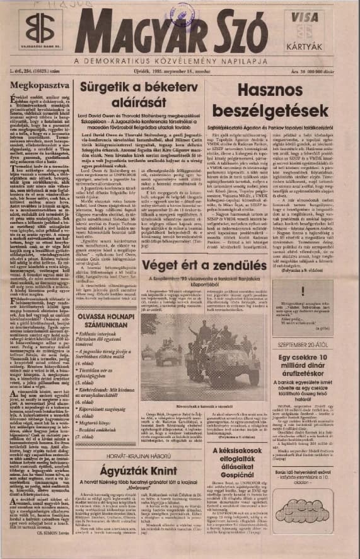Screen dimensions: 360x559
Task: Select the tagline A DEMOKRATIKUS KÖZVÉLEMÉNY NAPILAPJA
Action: [180, 61]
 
